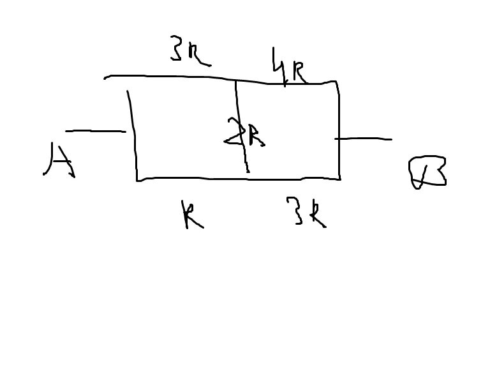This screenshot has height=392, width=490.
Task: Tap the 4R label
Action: coord(289,69)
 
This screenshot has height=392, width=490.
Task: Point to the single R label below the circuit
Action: coord(191,215)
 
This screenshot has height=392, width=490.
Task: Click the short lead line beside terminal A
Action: coord(96,132)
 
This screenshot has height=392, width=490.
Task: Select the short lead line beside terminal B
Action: coord(364,139)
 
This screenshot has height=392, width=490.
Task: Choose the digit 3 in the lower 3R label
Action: coord(296,211)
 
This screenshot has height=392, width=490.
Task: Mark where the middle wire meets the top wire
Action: coord(235,80)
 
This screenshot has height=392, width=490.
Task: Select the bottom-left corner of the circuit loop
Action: coord(137,180)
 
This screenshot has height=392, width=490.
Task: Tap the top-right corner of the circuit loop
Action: coord(336,82)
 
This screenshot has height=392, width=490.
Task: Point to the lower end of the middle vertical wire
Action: coord(248,171)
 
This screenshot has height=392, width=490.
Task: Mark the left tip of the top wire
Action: coord(105,78)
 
